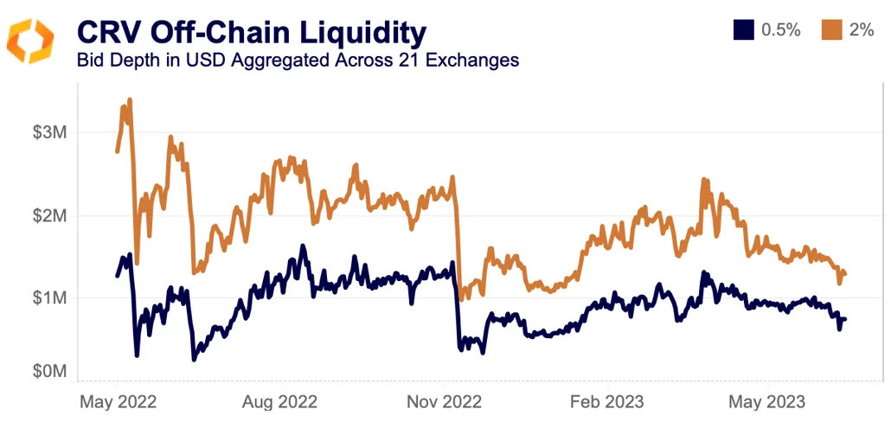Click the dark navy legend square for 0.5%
point(742,30)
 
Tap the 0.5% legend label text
point(780,30)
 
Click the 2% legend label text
point(862,30)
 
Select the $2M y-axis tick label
point(49,215)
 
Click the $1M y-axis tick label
point(49,297)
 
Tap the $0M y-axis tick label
point(49,371)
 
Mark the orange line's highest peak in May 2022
point(130,100)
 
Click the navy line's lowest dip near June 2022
point(194,358)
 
